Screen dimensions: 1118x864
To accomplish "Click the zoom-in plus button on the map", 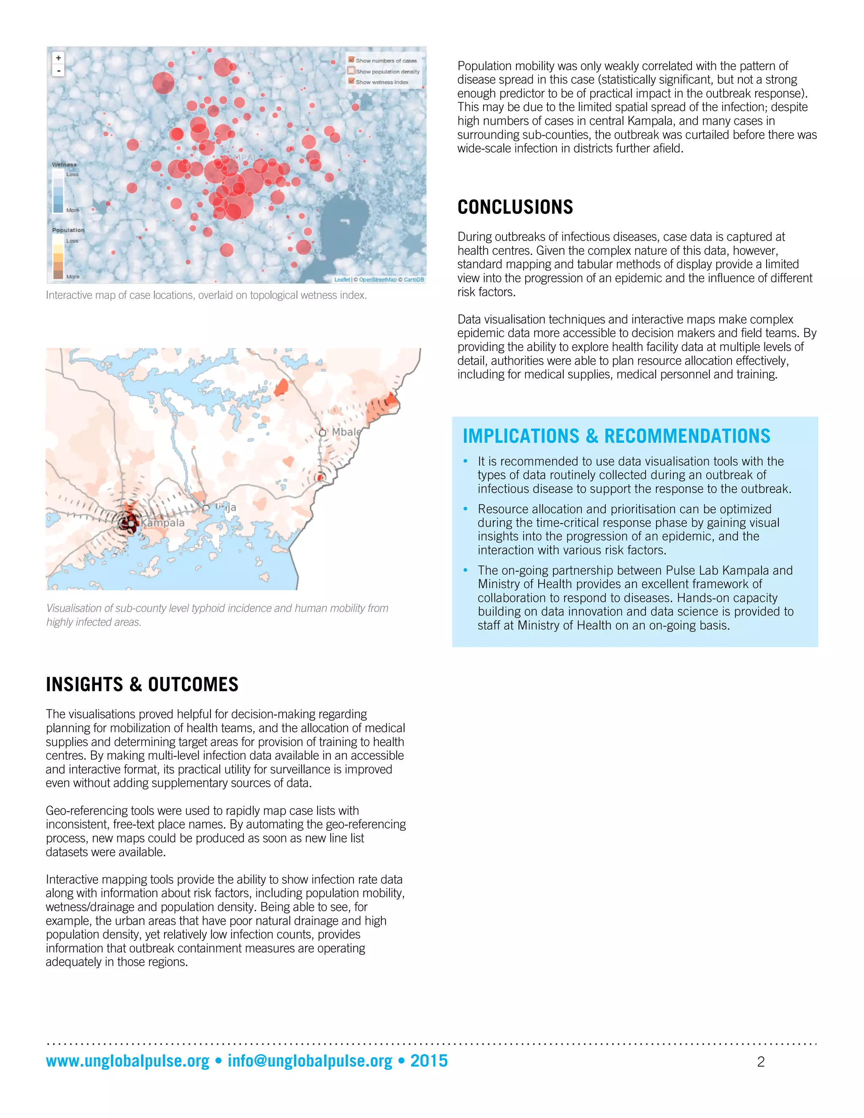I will coord(58,58).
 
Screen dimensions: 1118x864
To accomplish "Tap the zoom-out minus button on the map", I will coord(58,70).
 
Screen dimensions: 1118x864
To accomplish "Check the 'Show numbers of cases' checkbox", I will coord(351,60).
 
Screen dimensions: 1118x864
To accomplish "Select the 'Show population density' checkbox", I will coord(351,70).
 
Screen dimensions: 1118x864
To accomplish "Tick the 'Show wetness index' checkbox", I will coord(351,81).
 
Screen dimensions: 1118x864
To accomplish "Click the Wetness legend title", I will coord(64,164).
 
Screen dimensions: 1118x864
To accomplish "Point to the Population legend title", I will coord(68,230).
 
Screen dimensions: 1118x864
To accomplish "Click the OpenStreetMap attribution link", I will coord(377,279).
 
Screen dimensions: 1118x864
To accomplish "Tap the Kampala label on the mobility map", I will coord(163,523).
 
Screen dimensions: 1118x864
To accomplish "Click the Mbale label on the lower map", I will coord(346,432).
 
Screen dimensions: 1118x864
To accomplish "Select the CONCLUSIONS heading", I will coord(515,207).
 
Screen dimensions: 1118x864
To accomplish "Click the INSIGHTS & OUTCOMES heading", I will coord(142,684).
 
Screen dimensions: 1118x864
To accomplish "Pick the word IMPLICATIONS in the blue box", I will coord(521,436).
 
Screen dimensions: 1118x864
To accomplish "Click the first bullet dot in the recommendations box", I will coord(465,461).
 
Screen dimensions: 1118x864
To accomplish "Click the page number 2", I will coord(761,1062).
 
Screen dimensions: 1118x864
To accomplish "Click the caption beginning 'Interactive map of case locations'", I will coord(206,295).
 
